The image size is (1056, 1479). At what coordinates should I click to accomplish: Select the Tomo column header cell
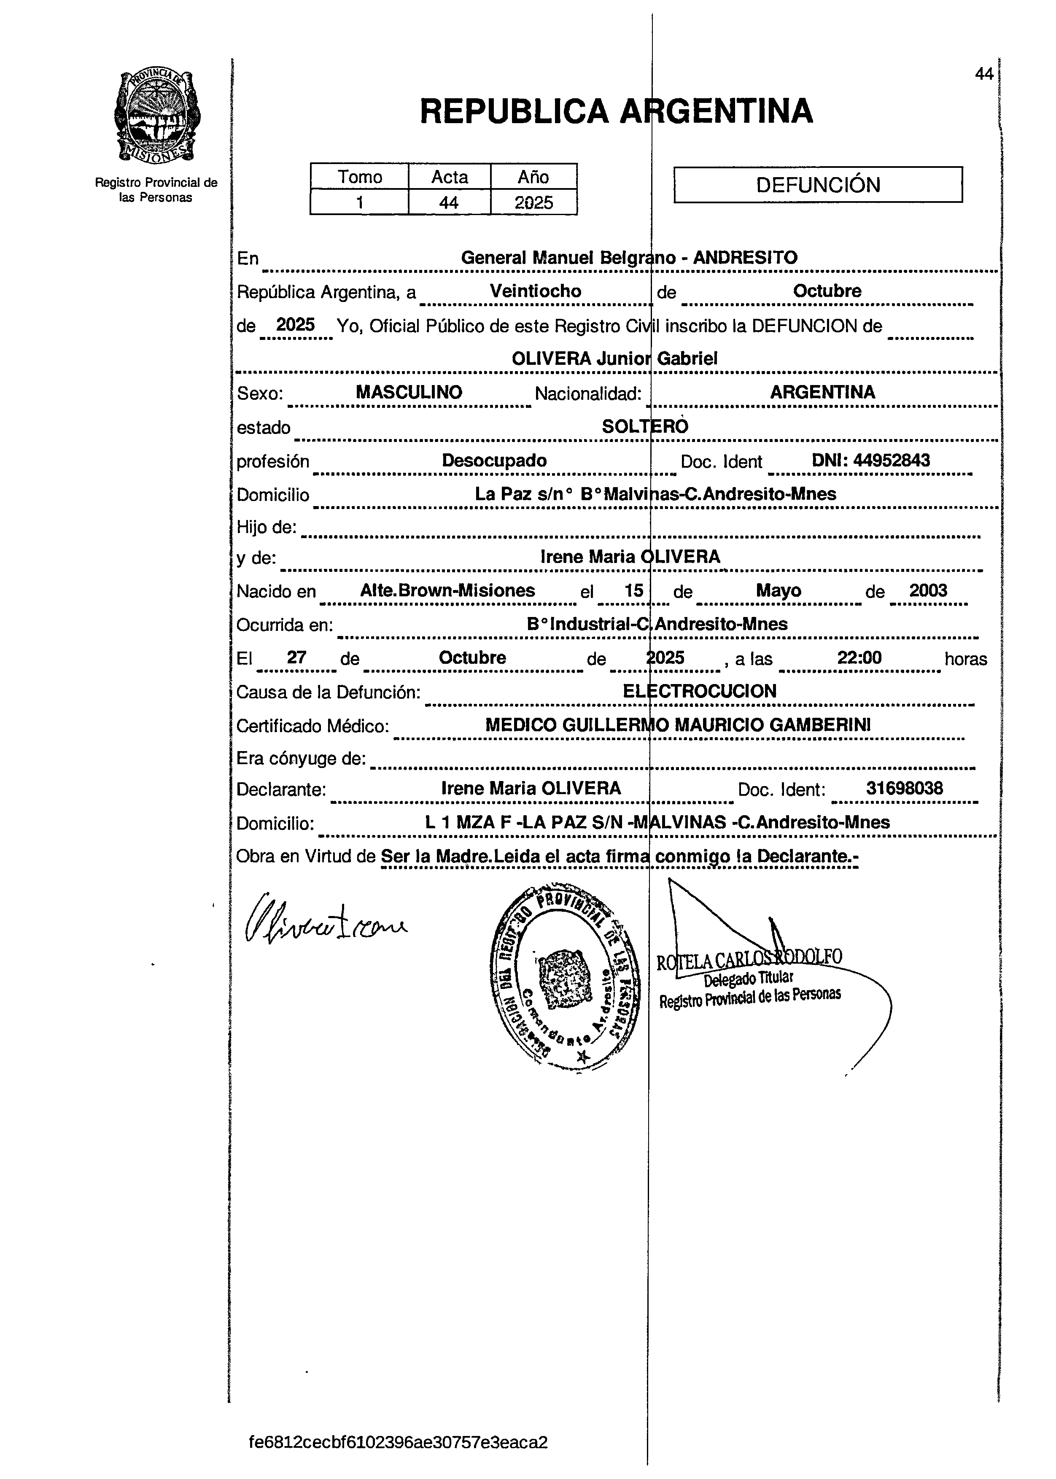pos(360,177)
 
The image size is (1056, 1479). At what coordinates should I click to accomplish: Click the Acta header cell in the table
pos(449,177)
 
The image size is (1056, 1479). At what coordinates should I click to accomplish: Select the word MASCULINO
pos(409,393)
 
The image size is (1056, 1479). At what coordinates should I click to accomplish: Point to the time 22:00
pos(859,658)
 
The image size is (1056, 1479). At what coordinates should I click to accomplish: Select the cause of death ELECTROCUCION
pos(700,691)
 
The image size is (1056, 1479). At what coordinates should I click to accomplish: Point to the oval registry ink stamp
pos(564,975)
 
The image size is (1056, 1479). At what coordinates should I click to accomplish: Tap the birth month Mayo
pos(779,590)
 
